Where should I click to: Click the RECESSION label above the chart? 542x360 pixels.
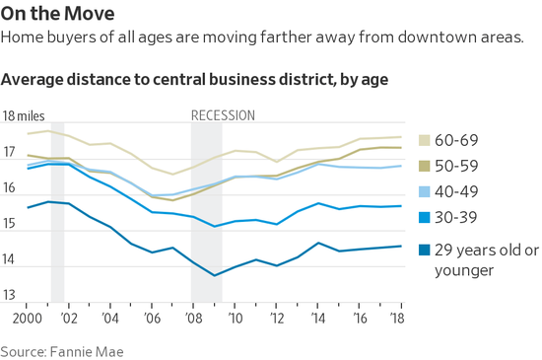click(x=223, y=115)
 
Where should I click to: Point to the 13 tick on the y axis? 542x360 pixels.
click(x=10, y=295)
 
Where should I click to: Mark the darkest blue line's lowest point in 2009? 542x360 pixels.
click(x=215, y=275)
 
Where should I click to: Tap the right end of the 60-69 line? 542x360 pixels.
click(x=400, y=137)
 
